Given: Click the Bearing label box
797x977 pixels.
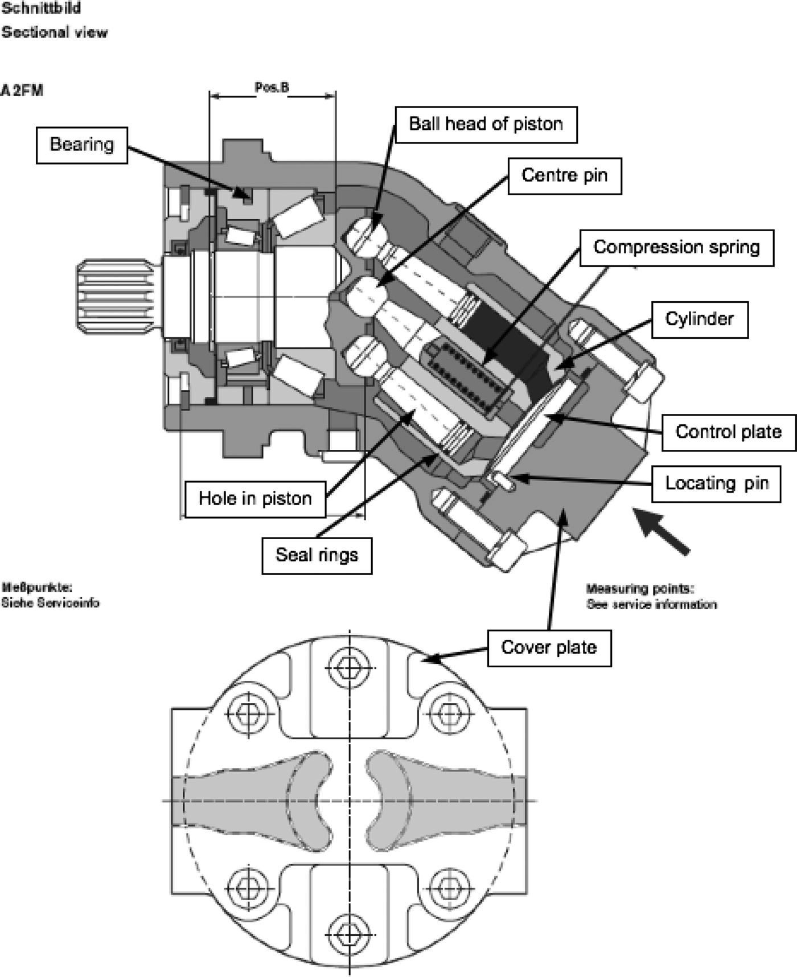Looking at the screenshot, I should pyautogui.click(x=82, y=145).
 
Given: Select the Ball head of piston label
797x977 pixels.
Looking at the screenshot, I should pyautogui.click(x=486, y=124).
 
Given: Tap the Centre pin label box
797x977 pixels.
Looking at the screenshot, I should pyautogui.click(x=564, y=175).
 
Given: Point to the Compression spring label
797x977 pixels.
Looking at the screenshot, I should pyautogui.click(x=676, y=248).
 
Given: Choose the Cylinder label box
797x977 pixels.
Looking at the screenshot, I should pyautogui.click(x=699, y=319).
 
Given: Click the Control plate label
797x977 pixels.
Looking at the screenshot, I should pyautogui.click(x=728, y=432).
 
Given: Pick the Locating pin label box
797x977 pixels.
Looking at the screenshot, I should pyautogui.click(x=716, y=484).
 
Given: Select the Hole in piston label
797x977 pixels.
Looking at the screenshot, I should pyautogui.click(x=255, y=499).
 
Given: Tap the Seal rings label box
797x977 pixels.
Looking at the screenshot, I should pyautogui.click(x=317, y=555).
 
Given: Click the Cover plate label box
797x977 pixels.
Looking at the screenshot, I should pyautogui.click(x=549, y=648).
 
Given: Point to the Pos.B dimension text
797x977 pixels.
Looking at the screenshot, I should pyautogui.click(x=272, y=87).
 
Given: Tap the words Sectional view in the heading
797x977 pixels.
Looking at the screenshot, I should pyautogui.click(x=54, y=32).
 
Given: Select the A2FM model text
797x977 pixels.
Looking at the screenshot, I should pyautogui.click(x=22, y=91).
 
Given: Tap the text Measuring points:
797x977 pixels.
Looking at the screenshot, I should pyautogui.click(x=640, y=589).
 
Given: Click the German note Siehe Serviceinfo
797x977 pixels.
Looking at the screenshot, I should pyautogui.click(x=50, y=603).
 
